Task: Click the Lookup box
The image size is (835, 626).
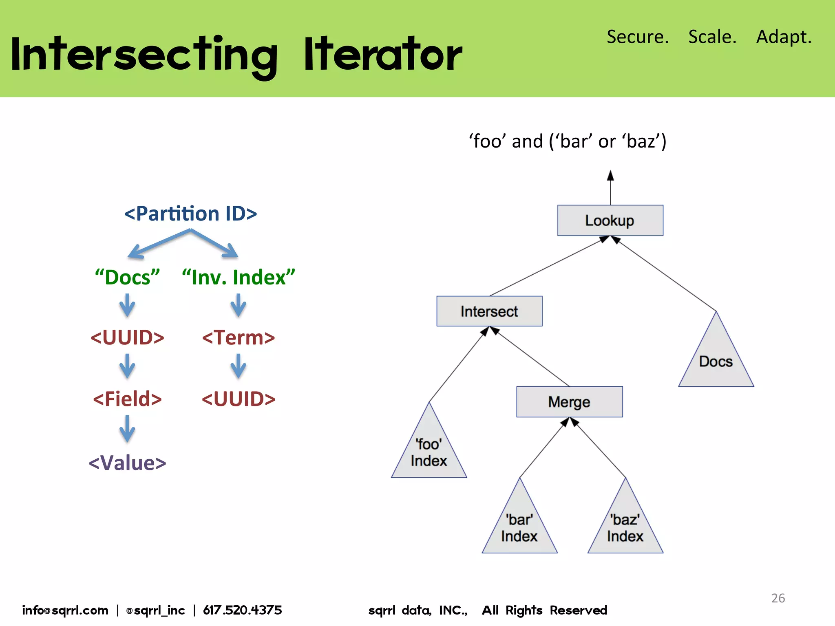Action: (x=610, y=220)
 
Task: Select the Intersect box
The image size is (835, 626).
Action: (x=489, y=311)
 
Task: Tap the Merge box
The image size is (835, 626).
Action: (x=569, y=402)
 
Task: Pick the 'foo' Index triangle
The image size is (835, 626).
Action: (x=429, y=453)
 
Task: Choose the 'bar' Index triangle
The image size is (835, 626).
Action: (x=519, y=528)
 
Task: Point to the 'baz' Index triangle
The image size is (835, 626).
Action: (x=625, y=528)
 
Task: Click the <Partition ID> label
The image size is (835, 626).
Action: (x=190, y=214)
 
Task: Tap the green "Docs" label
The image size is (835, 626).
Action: (x=127, y=277)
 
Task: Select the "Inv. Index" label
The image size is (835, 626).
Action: (x=239, y=277)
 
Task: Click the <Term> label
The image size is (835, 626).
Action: (x=239, y=338)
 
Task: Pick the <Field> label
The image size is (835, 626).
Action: (x=127, y=399)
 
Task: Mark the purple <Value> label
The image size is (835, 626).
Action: (x=127, y=463)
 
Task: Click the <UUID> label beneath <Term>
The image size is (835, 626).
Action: (x=239, y=399)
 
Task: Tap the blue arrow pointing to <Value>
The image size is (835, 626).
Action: (x=127, y=429)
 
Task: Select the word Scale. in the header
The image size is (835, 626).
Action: (x=712, y=37)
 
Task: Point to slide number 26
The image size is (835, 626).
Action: (x=778, y=598)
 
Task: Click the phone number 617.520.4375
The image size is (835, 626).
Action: (x=243, y=610)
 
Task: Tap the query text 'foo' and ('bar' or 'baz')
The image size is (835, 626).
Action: (x=568, y=141)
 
